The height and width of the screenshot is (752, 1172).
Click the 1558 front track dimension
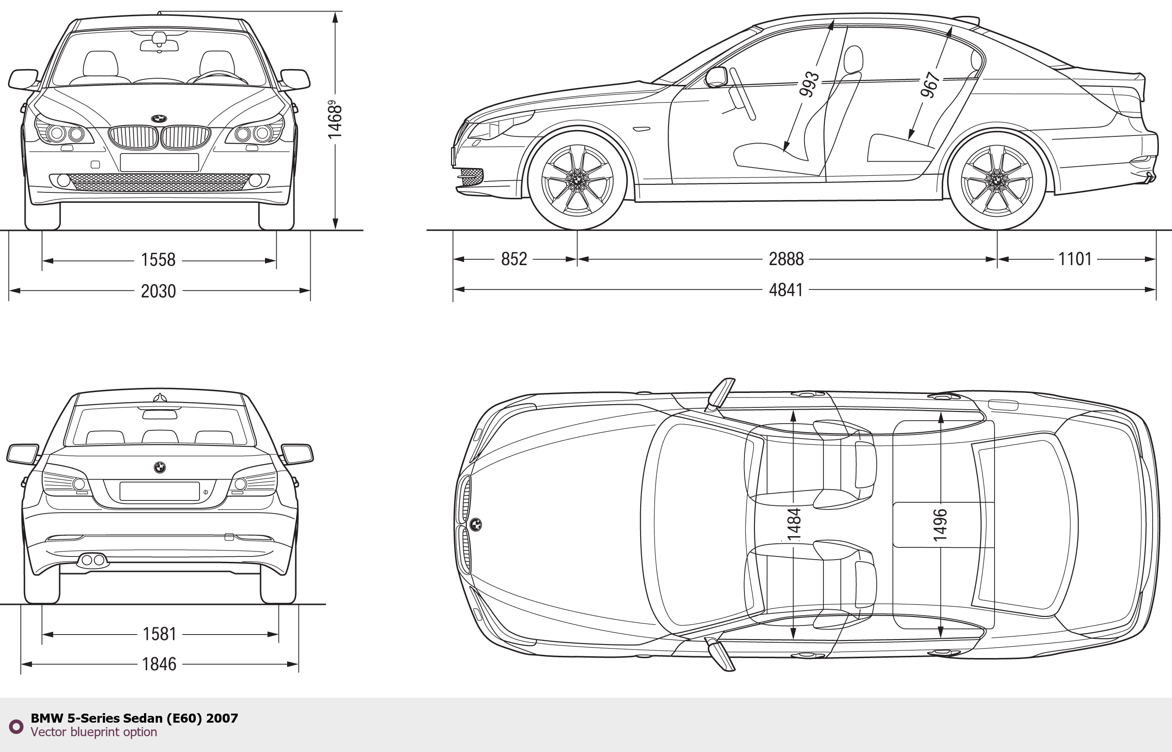pos(158,260)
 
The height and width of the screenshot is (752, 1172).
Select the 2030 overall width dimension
pos(158,291)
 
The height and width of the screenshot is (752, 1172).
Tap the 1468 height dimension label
pos(335,119)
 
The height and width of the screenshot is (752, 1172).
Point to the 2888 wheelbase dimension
pos(786,259)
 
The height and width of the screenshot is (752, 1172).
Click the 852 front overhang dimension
pos(514,259)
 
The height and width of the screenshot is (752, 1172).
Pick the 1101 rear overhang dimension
pos(1074,259)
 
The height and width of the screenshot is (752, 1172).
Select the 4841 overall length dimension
pos(786,290)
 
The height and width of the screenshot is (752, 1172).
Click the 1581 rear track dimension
pos(159,634)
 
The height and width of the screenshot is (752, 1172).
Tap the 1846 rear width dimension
pos(159,664)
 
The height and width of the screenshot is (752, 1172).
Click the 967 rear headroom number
pos(930,84)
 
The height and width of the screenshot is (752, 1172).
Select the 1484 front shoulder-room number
pos(794,524)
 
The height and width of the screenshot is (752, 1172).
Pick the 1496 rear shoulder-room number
pos(940,525)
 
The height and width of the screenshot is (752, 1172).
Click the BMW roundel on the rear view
pos(160,467)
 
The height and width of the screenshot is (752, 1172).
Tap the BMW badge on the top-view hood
pos(476,524)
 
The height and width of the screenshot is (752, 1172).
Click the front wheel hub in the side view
pos(577,179)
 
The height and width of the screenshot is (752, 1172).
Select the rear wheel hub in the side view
pos(997,179)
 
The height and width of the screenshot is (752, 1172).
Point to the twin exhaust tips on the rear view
pos(93,560)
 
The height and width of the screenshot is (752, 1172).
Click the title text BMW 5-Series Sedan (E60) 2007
pos(134,718)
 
